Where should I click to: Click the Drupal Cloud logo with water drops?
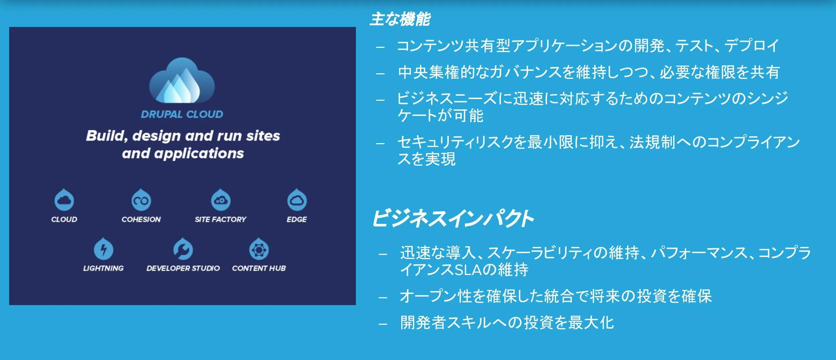point(182,80)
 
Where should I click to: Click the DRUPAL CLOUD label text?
point(182,114)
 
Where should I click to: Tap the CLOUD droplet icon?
point(64,200)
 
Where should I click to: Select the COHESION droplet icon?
point(141,200)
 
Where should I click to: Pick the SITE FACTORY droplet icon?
point(221,200)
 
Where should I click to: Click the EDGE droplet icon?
point(297,200)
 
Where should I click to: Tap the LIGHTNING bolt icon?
point(103,249)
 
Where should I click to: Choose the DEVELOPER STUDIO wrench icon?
point(183,249)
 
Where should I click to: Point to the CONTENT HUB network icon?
point(259,249)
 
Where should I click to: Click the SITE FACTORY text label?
point(220,219)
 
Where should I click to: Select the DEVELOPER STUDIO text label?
point(183,268)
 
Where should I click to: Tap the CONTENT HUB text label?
point(259,268)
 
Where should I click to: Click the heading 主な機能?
point(400,19)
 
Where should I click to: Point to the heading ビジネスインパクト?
point(453,219)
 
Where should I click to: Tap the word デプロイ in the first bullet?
point(751,46)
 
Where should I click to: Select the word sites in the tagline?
point(263,136)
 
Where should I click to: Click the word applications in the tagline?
point(199,154)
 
